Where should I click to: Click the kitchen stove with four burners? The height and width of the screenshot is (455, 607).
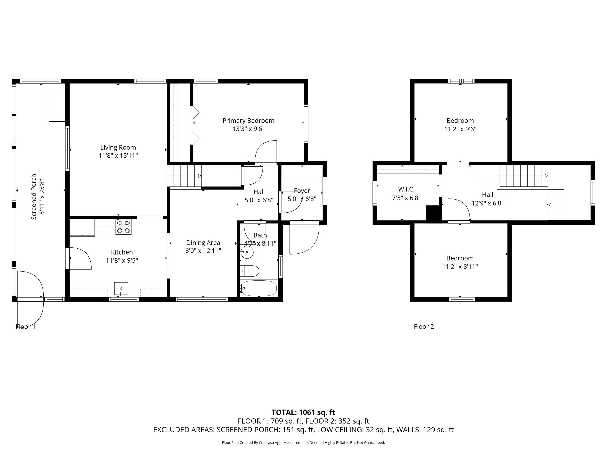[x=124, y=227]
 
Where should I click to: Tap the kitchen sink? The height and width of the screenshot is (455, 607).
[x=121, y=289]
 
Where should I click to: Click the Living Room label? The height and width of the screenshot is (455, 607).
[x=118, y=148]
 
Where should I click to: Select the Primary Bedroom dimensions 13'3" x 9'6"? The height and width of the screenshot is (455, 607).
[x=248, y=129]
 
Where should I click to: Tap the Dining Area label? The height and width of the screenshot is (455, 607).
[x=203, y=243]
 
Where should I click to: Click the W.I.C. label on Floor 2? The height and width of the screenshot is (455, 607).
[x=406, y=189]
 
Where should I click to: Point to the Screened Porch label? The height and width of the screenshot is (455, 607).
[x=34, y=197]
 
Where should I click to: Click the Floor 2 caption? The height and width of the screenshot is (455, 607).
[x=424, y=326]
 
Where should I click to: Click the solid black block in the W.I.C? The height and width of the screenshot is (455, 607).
[x=433, y=213]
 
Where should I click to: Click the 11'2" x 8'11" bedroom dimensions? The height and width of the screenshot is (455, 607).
[x=460, y=266]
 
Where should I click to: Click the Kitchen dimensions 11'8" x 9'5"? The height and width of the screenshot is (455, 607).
[x=122, y=260]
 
